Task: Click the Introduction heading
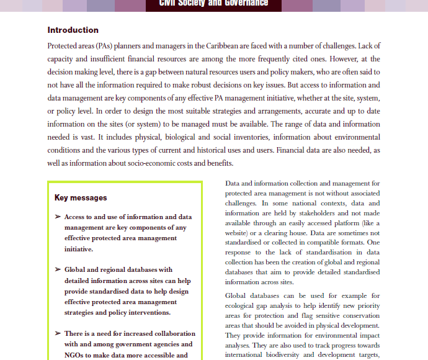coord(73,30)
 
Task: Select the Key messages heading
coord(81,198)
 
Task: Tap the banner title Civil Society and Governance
coord(213,3)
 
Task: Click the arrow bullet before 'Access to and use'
coord(58,217)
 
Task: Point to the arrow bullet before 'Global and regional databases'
coord(58,270)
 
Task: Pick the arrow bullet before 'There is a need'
coord(58,333)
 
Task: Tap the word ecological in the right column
coord(241,305)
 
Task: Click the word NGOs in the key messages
coord(75,356)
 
